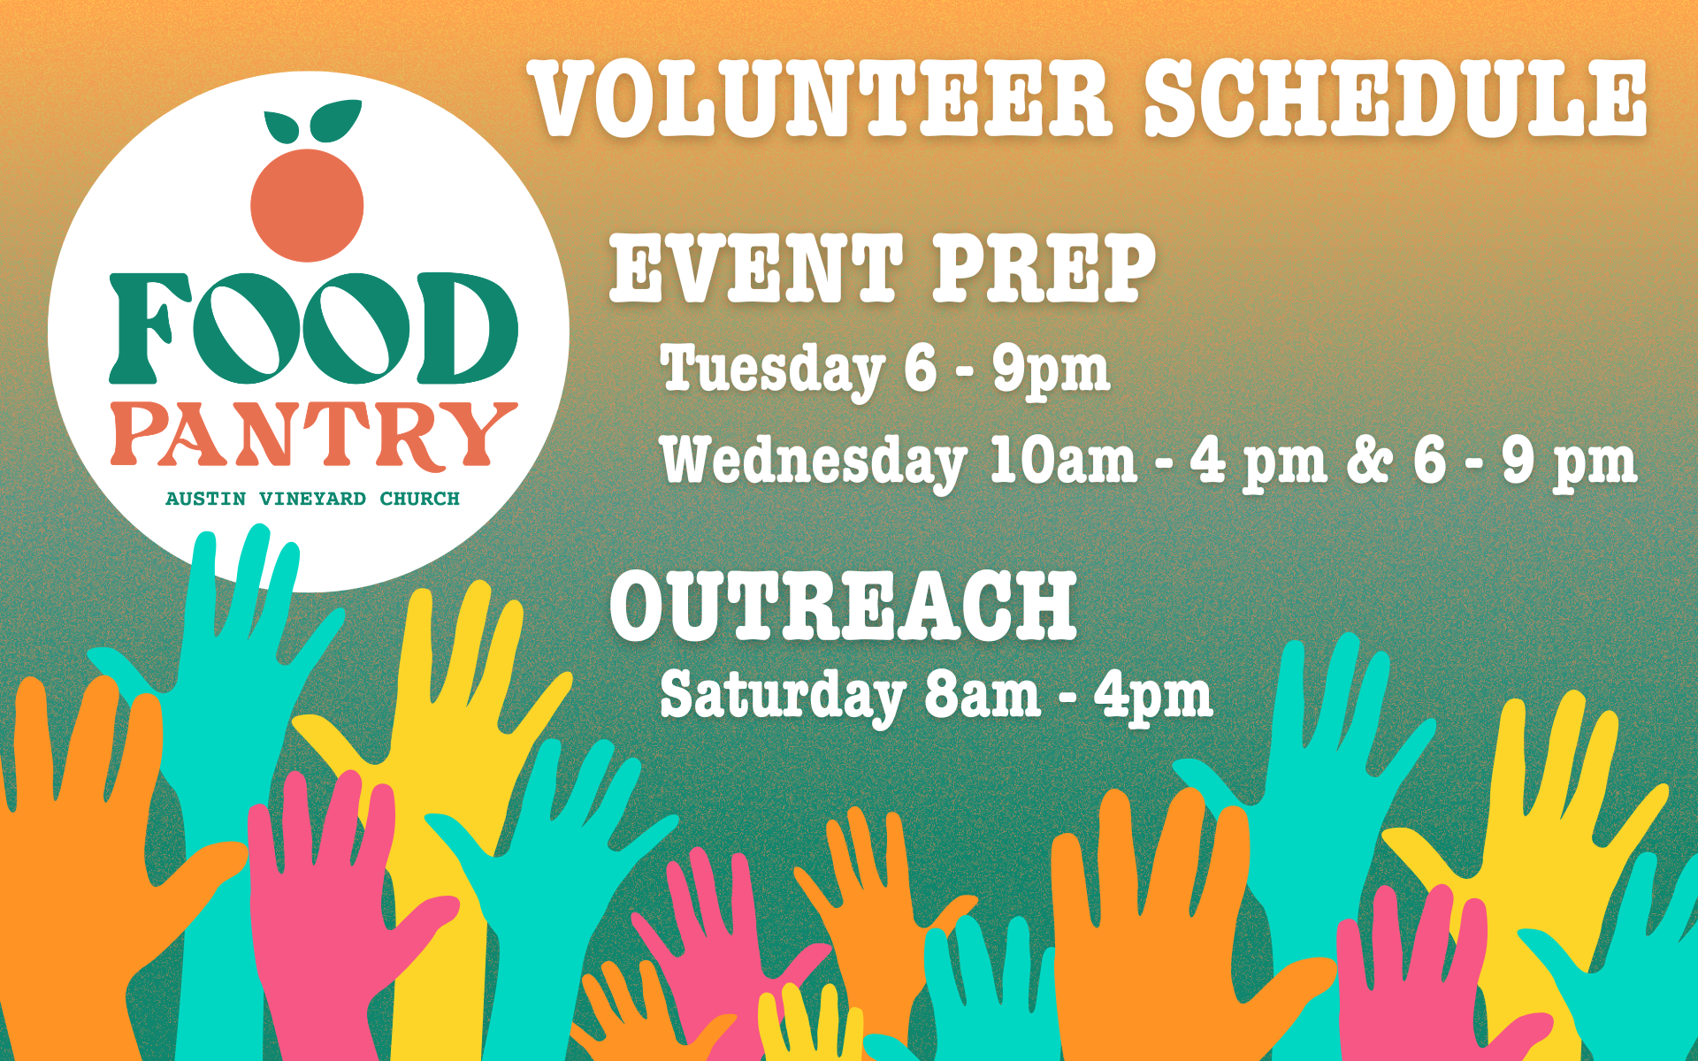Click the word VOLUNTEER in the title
(822, 98)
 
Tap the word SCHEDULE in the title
(1396, 98)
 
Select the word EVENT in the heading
(757, 267)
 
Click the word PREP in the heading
(1044, 267)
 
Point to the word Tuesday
(772, 370)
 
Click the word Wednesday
(814, 461)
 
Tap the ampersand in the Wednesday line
(1370, 461)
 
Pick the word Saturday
(783, 696)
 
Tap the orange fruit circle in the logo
(307, 205)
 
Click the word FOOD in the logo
(313, 327)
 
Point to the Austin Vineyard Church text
(313, 499)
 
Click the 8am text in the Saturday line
(982, 696)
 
